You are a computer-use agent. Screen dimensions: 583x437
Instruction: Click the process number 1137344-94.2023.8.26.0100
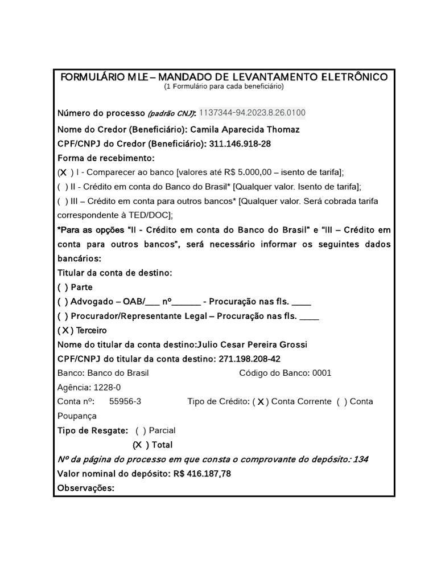point(252,112)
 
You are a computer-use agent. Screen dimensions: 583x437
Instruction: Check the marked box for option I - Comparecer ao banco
point(63,172)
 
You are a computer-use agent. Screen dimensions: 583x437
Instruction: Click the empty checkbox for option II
point(61,186)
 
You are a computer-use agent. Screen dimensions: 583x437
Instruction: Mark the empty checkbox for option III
point(61,201)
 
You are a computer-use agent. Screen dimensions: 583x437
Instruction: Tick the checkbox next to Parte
point(61,287)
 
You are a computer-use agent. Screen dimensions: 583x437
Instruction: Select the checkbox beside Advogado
point(61,301)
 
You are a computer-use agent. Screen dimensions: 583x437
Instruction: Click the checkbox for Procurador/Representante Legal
point(61,315)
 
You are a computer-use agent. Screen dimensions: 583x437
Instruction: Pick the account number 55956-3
point(125,401)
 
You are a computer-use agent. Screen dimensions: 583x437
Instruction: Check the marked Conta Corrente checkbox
point(261,402)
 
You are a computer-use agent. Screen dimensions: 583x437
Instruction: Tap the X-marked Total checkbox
point(138,445)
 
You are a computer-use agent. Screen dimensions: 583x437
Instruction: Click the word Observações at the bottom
point(86,488)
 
